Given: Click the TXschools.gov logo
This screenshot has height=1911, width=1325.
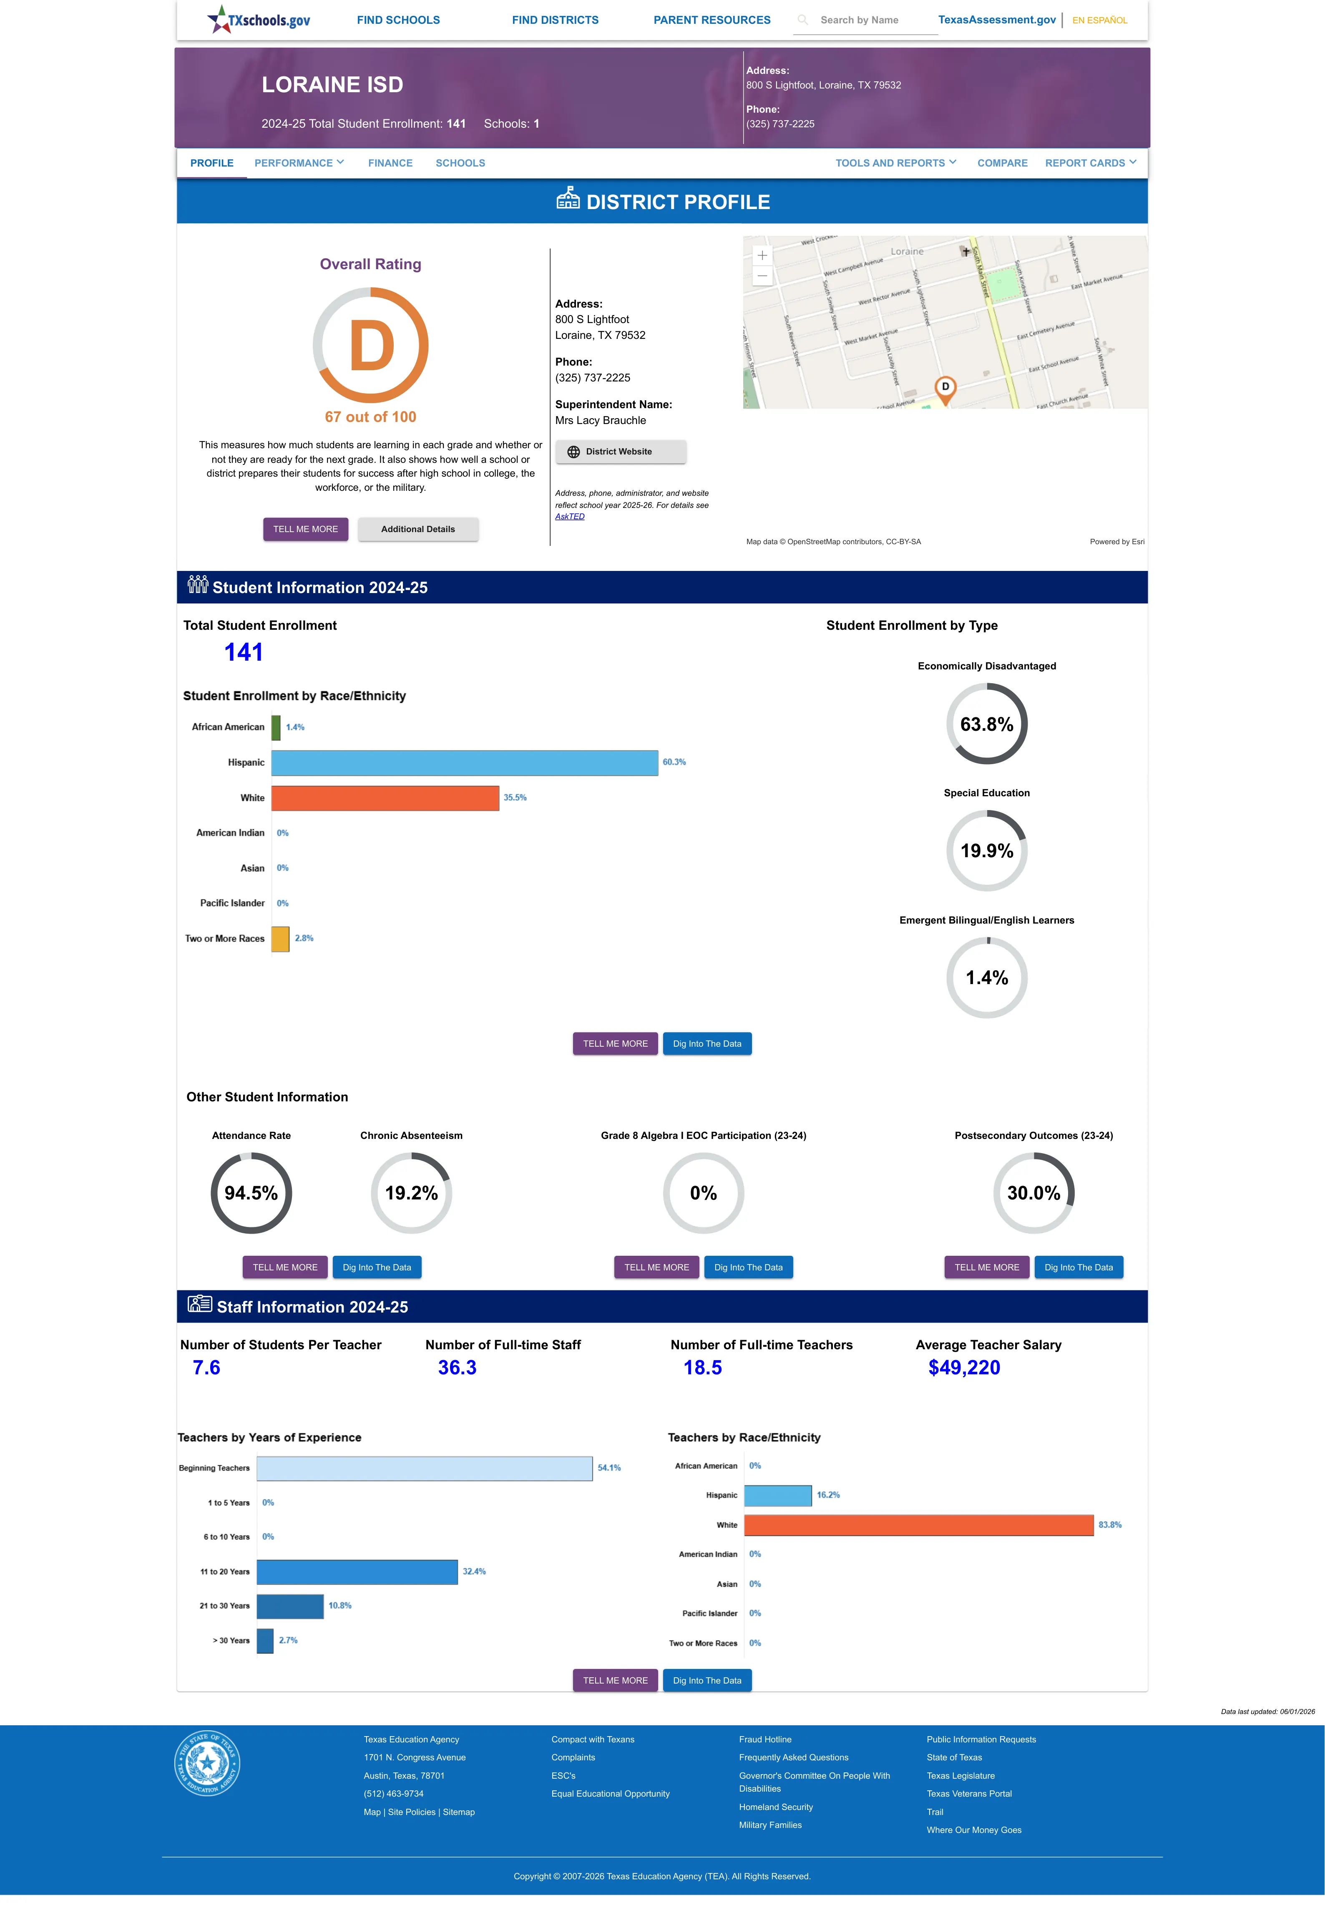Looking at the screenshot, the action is (x=258, y=19).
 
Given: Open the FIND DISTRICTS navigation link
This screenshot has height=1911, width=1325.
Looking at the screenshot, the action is (x=555, y=20).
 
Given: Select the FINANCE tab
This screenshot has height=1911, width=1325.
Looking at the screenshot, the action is (x=390, y=163).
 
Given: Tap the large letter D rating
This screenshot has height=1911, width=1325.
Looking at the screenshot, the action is (x=371, y=346).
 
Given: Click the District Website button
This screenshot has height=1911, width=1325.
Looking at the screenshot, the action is (x=621, y=452).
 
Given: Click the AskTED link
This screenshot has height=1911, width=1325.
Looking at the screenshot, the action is (x=570, y=517).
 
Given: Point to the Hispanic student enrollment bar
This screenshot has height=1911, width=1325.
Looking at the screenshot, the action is (x=465, y=762).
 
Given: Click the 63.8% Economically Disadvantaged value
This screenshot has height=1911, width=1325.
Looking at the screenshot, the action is (x=986, y=724).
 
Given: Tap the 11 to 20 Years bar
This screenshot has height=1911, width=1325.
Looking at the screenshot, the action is (x=357, y=1571).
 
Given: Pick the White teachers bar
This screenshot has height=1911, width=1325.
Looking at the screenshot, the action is (x=919, y=1525).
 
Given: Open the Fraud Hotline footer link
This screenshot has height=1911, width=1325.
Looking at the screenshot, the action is (x=764, y=1739).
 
